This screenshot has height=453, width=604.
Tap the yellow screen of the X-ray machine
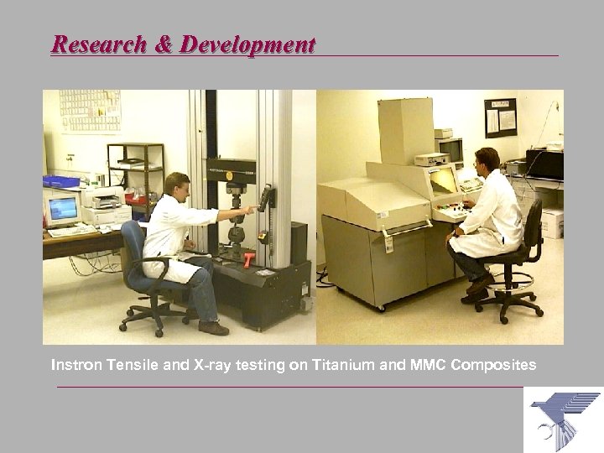pos(442,179)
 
